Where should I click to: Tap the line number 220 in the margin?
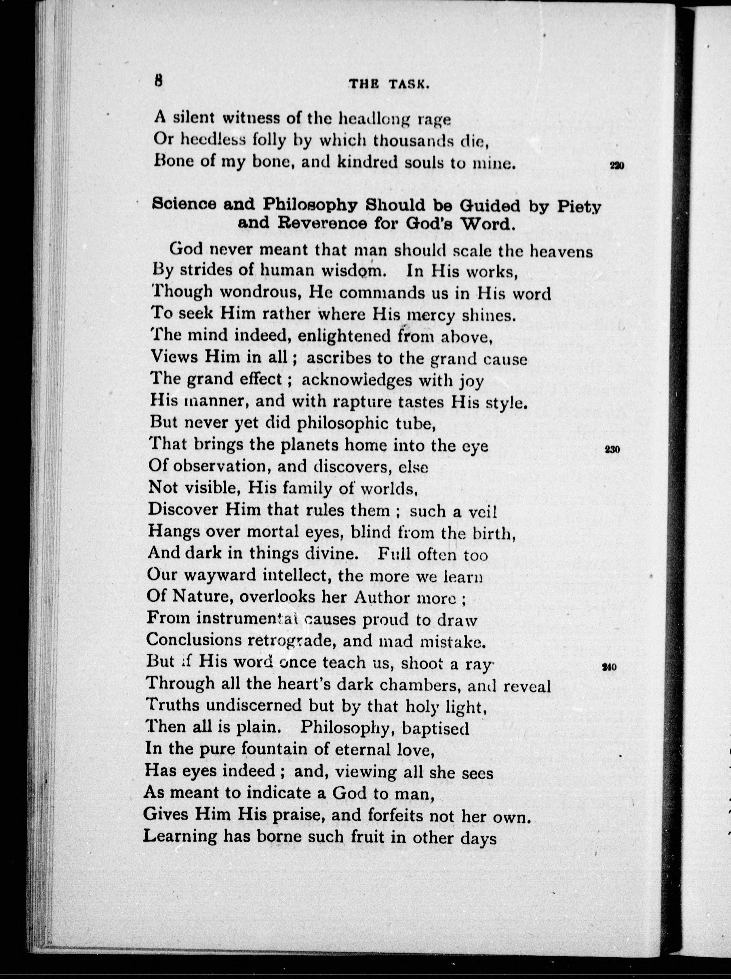click(616, 166)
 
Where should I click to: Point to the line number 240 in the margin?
click(610, 667)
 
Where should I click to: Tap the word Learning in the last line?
click(180, 836)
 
